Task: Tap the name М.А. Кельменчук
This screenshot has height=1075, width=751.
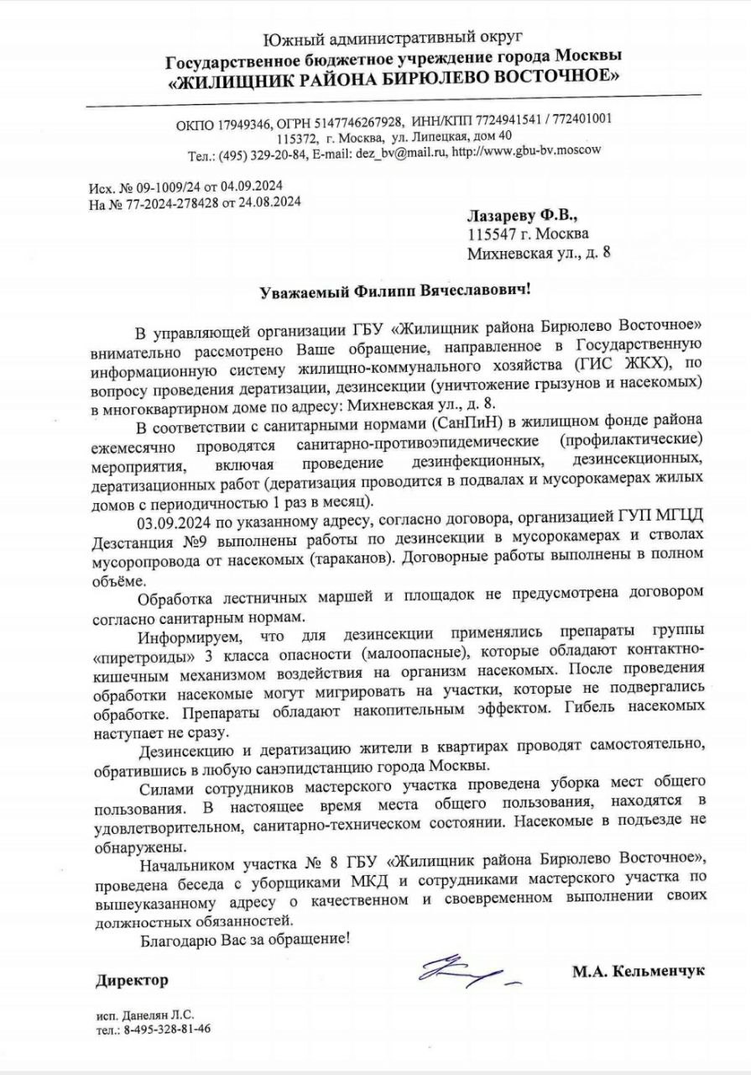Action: click(x=639, y=971)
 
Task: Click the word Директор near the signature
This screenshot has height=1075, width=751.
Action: click(x=132, y=980)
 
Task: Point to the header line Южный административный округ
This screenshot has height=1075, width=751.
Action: click(x=393, y=38)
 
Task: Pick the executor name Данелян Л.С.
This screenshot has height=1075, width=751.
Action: click(x=159, y=1015)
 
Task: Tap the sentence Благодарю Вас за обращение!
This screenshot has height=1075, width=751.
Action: click(x=244, y=938)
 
